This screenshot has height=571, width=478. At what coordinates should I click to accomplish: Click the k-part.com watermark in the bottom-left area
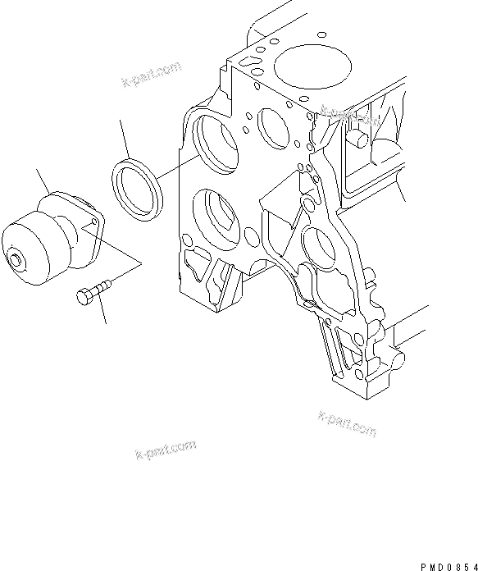coord(165,450)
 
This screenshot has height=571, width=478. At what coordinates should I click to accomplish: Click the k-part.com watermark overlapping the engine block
coord(352,116)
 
